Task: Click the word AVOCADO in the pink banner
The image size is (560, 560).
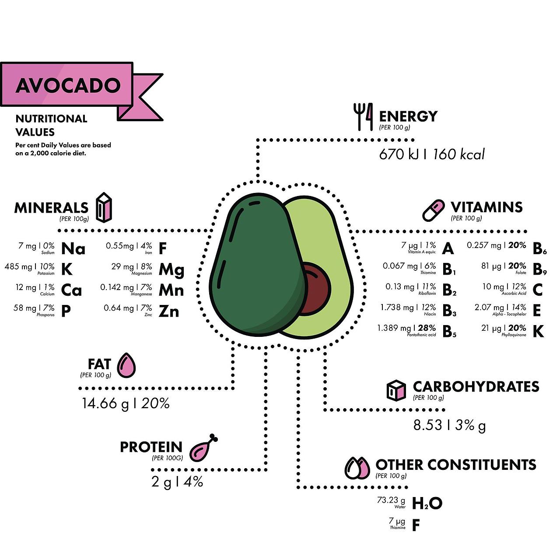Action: click(68, 85)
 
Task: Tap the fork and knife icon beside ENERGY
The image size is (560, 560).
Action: click(363, 116)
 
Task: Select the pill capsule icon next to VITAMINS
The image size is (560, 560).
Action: click(433, 210)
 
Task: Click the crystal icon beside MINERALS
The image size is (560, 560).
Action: click(104, 207)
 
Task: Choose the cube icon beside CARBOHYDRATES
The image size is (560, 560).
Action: click(396, 390)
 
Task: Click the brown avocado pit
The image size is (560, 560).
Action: click(316, 288)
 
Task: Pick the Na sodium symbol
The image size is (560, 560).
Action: click(73, 248)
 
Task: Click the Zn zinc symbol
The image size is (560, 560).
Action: click(169, 311)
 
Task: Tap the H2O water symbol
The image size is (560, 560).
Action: click(427, 504)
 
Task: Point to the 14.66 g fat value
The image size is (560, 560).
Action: click(105, 403)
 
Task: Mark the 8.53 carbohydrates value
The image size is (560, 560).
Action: click(427, 425)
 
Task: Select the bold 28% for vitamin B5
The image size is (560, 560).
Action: click(427, 328)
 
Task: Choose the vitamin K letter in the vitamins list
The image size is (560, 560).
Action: click(538, 332)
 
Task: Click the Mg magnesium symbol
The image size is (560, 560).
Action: click(171, 269)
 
